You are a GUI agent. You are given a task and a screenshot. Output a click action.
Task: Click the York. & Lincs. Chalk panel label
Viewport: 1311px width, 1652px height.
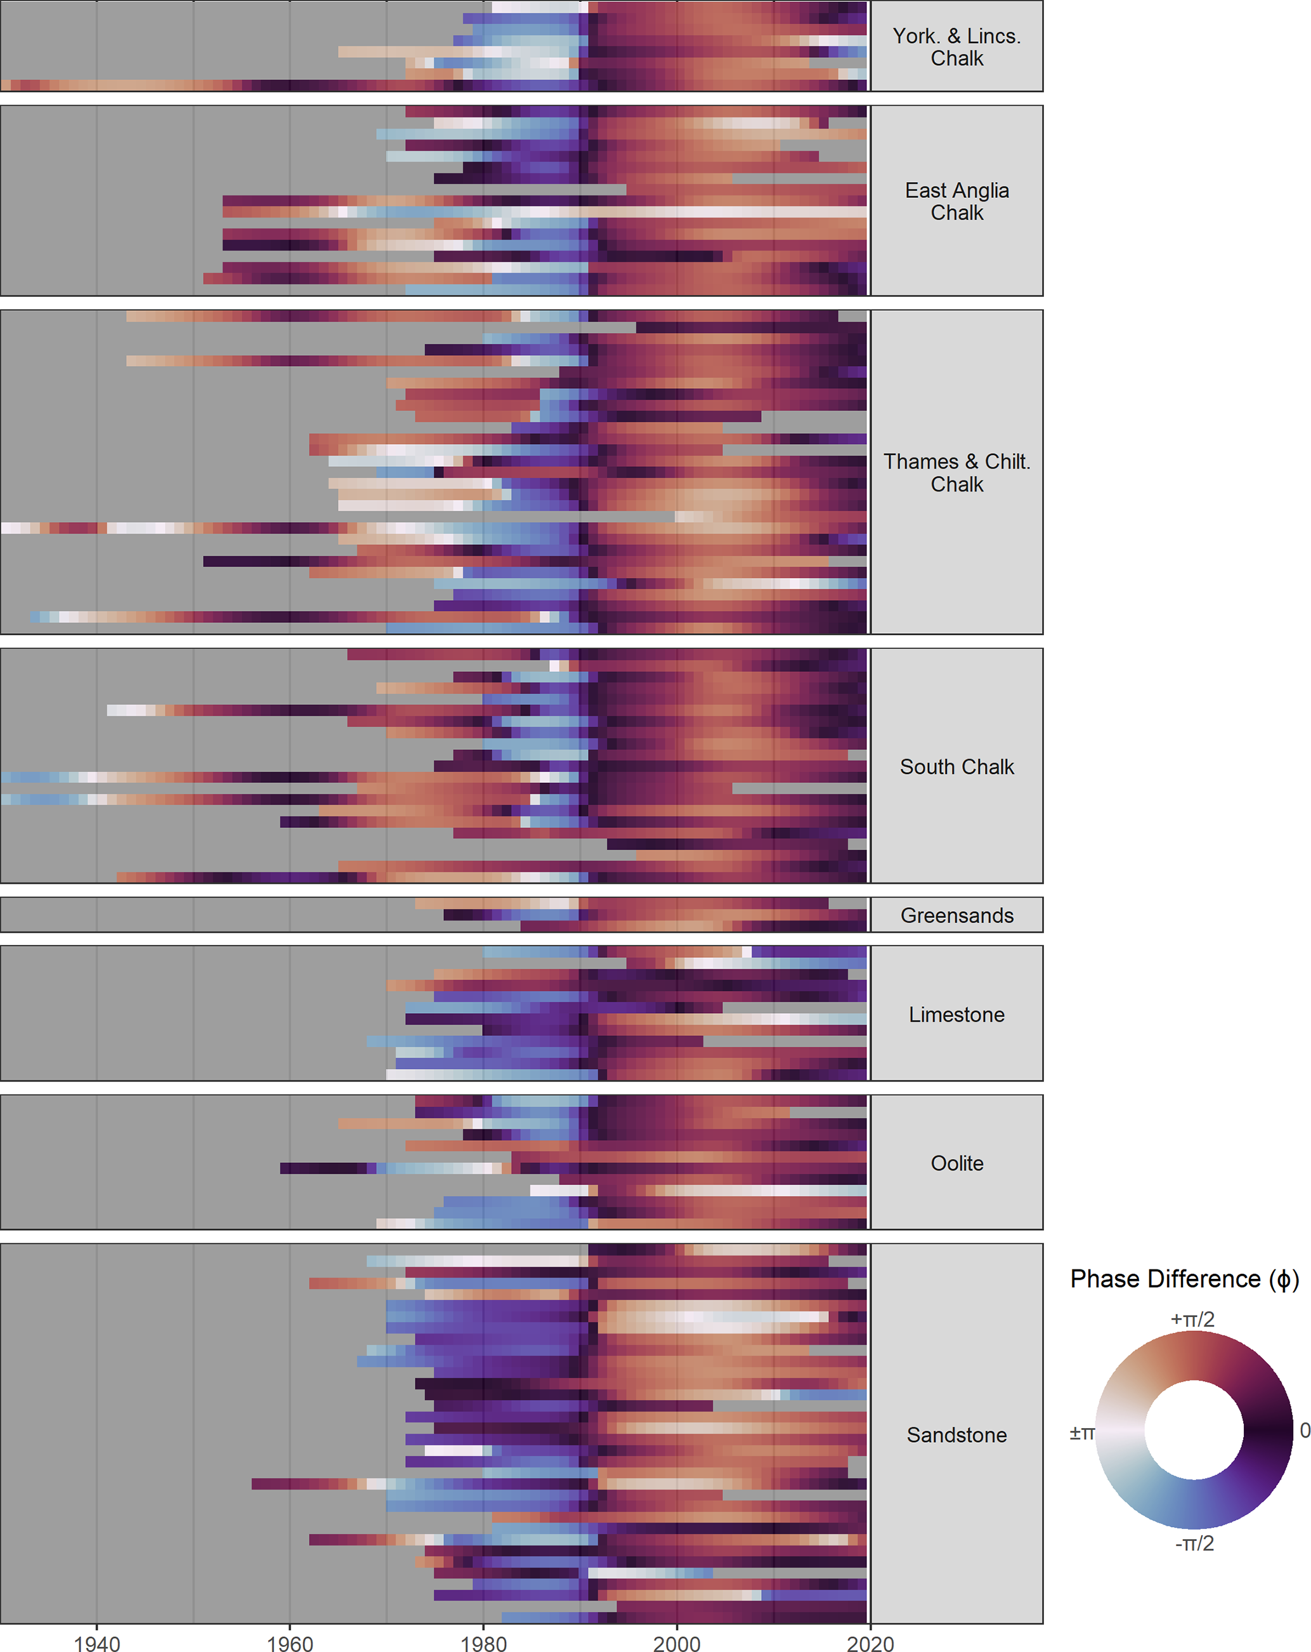(956, 47)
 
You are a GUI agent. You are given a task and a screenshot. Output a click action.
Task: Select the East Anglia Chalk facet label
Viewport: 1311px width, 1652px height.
(956, 200)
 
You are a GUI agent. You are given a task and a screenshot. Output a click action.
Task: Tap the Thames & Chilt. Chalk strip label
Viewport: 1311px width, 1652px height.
(956, 472)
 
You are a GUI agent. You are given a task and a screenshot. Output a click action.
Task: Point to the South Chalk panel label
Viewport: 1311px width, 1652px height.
(956, 766)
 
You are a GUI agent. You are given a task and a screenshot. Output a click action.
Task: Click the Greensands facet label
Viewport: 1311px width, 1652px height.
(956, 915)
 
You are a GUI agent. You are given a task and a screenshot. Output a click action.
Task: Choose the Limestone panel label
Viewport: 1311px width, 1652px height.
(956, 1014)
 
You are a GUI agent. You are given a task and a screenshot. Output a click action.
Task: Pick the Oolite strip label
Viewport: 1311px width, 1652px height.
(956, 1162)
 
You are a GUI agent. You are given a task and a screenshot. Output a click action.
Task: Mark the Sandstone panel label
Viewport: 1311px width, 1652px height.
(956, 1434)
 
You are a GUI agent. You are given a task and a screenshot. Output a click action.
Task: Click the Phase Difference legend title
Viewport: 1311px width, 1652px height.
(1184, 1279)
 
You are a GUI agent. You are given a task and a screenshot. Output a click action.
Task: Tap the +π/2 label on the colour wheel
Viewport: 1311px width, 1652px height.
(1192, 1320)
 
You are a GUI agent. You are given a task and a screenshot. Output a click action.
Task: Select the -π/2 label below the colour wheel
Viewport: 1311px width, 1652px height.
(1194, 1542)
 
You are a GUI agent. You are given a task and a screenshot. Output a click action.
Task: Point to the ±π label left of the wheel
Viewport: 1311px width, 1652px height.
(1081, 1432)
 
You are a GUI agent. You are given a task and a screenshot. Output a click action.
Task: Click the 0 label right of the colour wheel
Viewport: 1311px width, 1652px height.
(1305, 1430)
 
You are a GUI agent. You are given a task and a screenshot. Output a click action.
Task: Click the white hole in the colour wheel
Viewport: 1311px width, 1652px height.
(1193, 1430)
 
